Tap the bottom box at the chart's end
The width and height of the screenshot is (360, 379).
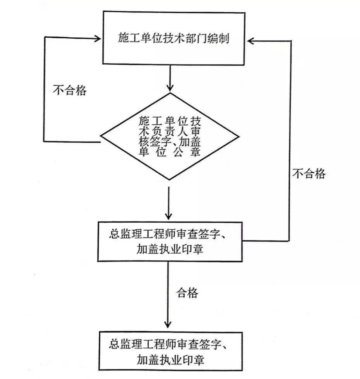171,351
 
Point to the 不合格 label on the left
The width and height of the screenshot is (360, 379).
70,90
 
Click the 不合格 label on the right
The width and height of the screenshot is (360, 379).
309,173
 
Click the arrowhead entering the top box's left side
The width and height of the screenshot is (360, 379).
98,38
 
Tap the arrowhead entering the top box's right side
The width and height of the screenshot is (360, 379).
250,40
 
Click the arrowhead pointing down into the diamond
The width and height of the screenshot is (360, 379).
171,88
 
